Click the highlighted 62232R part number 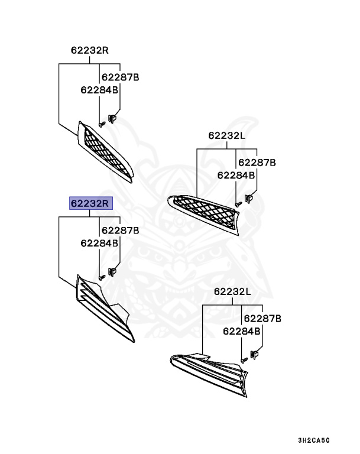[90, 203]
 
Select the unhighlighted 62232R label [90, 50]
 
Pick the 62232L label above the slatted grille [232, 291]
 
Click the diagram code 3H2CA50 [313, 440]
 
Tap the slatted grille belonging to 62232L [213, 367]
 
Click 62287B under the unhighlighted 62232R [120, 77]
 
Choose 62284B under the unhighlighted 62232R [99, 90]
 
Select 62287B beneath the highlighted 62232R [120, 230]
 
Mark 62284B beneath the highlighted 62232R [99, 243]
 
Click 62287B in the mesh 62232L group [257, 162]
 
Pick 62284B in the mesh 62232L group [236, 175]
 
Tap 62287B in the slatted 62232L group [262, 319]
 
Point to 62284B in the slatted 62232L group [242, 332]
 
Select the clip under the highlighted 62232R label [112, 272]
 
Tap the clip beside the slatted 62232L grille [256, 355]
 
